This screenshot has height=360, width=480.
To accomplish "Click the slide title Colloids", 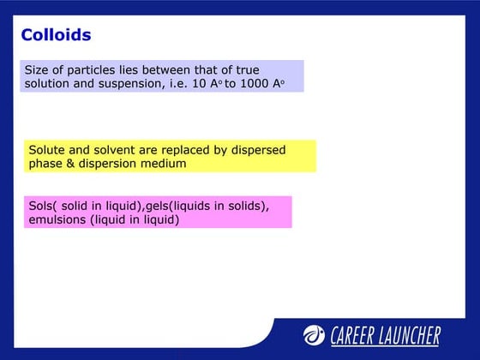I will (x=56, y=35).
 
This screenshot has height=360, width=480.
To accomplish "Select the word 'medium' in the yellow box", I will (x=163, y=163).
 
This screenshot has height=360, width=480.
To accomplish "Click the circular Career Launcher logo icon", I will (x=314, y=335).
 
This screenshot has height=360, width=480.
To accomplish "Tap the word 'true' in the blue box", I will (x=247, y=69).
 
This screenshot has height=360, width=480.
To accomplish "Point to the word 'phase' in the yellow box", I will (x=45, y=163).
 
